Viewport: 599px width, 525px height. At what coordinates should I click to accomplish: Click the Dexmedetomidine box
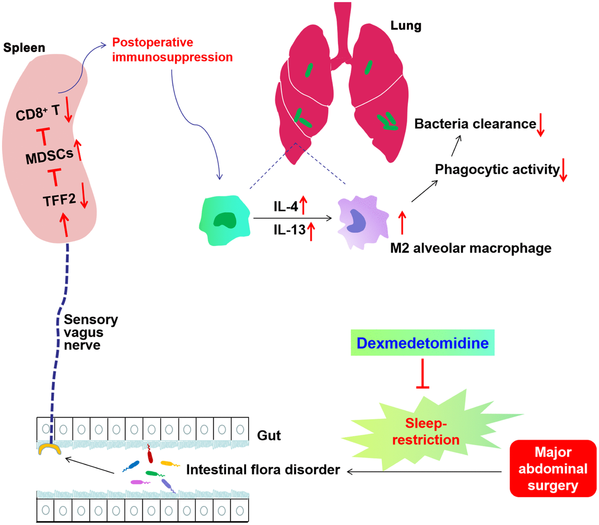coord(422,343)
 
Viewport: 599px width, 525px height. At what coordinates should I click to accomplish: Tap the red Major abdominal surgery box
coord(553,469)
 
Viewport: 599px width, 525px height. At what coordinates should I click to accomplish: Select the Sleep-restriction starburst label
coord(425,432)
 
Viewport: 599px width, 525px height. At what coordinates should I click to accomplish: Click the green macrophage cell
coord(225,220)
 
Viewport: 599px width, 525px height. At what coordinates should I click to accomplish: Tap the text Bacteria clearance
coord(475,124)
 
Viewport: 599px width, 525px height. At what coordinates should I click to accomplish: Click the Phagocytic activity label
coord(497,170)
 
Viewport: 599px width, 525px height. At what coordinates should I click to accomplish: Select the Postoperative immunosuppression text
coord(172,50)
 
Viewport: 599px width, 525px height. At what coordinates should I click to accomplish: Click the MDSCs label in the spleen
coord(49,157)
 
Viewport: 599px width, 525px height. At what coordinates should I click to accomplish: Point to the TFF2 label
coord(59,201)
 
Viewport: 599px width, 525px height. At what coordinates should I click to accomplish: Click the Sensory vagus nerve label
coord(90,332)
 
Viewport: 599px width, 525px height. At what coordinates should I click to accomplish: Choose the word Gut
coord(269,436)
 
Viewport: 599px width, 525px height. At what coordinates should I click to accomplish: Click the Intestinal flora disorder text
coord(263,470)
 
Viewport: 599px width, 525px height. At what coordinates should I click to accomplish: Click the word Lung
coord(406,25)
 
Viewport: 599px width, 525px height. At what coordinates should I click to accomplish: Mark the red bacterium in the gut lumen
coord(150,454)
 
